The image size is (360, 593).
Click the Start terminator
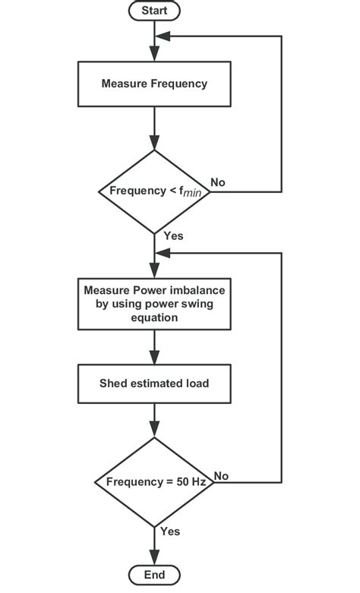[x=154, y=11]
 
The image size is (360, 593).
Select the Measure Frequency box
[x=154, y=84]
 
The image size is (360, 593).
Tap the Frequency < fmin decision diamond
[x=154, y=191]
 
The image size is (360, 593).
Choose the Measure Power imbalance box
[x=154, y=304]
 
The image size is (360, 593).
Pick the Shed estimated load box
[x=154, y=383]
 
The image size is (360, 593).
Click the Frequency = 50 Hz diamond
[x=154, y=482]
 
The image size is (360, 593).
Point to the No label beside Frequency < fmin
[x=217, y=182]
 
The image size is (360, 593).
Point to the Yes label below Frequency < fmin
[x=173, y=236]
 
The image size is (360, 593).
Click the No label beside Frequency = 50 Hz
[x=221, y=475]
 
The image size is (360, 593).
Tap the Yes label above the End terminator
[x=171, y=531]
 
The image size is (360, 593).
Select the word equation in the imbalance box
[x=154, y=318]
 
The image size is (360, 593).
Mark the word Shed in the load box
[x=113, y=383]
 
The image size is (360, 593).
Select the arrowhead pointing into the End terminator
[x=154, y=558]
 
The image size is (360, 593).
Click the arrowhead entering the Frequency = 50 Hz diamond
[x=154, y=434]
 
